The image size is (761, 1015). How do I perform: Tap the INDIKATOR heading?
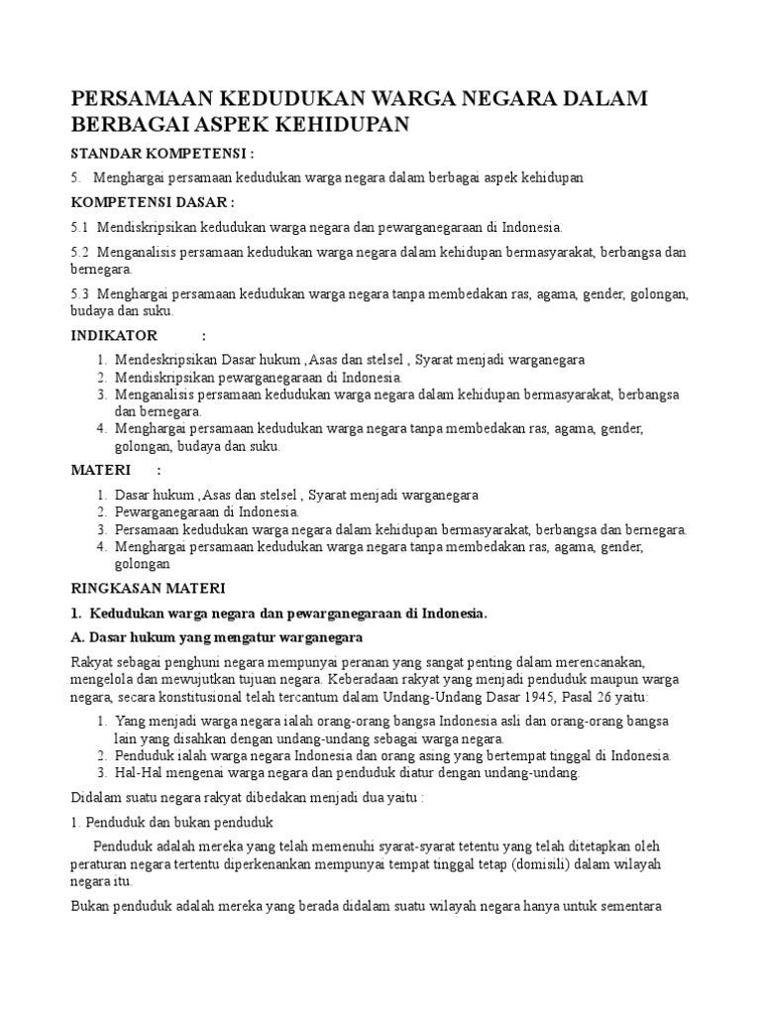(x=115, y=336)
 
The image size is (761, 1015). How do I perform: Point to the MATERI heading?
(x=102, y=469)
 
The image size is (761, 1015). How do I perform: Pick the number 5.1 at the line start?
(x=80, y=227)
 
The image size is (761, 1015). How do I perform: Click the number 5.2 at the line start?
(x=80, y=253)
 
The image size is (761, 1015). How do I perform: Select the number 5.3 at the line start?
(x=80, y=294)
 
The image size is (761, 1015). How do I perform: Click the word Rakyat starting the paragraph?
(x=91, y=661)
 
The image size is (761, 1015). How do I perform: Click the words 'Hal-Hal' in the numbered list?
(x=138, y=772)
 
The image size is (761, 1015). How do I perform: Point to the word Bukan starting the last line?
(x=91, y=906)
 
